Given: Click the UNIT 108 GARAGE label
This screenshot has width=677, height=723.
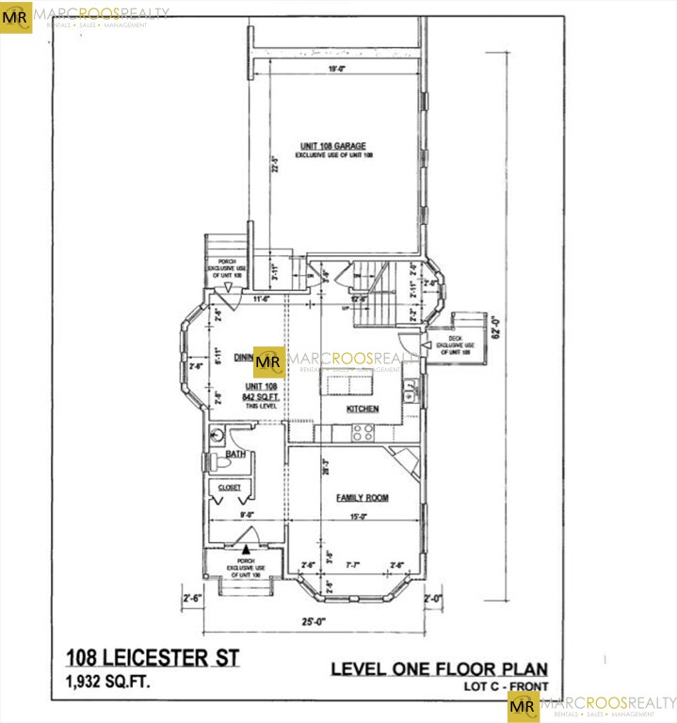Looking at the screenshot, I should point(332,146).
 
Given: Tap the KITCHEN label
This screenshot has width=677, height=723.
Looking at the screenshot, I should point(363,409).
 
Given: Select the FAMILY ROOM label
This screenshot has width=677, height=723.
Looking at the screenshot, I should point(363,497).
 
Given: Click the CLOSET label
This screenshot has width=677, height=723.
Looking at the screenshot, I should point(229,487).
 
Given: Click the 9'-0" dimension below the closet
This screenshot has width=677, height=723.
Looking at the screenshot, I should point(245,515).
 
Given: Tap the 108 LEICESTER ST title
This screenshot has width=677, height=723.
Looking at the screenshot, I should point(152,657).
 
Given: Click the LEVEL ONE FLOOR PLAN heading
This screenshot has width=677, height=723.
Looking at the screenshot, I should point(438,669).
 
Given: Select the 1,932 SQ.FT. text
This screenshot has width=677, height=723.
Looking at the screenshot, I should point(106,680).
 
